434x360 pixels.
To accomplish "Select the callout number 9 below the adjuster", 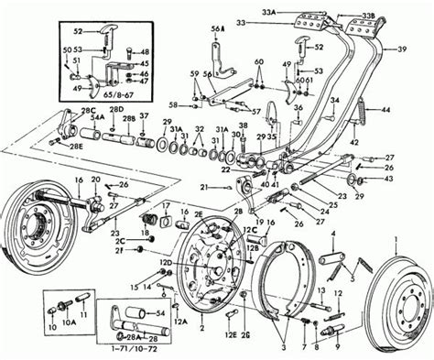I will (338, 347).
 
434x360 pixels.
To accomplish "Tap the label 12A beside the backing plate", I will (180, 321).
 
